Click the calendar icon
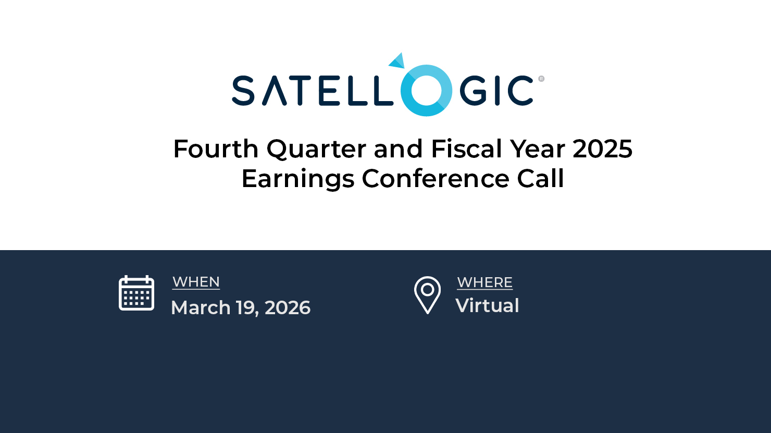point(136,293)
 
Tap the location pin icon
point(427,295)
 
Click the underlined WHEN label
point(196,282)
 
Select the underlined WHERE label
point(484,282)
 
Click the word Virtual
point(487,305)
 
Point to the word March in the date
point(201,307)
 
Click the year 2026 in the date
point(288,308)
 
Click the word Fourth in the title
point(216,149)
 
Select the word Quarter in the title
point(316,150)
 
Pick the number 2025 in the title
point(602,149)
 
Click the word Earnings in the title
point(298,179)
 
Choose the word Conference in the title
point(436,179)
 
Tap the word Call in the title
point(540,179)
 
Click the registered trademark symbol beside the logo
point(541,79)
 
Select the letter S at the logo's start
point(243,91)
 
